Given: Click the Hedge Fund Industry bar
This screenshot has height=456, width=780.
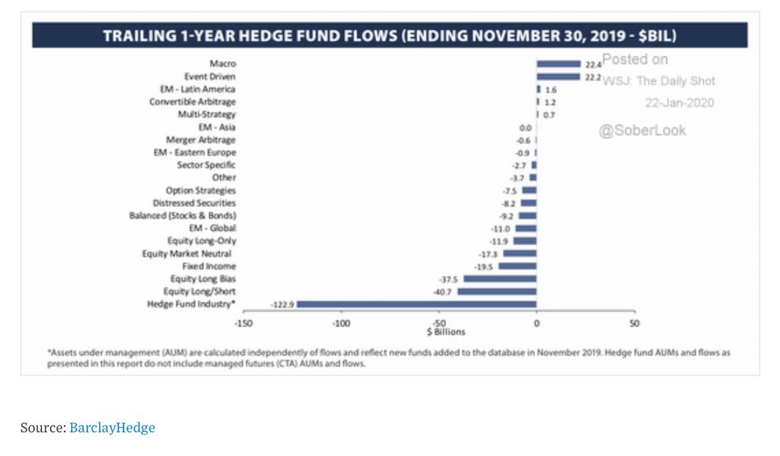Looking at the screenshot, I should pos(417,305).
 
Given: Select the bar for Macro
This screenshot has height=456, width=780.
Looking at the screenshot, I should pos(558,65).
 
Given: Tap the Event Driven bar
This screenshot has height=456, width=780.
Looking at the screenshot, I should pos(558,77).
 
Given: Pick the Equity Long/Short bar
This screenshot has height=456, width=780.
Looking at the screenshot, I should pos(497,292).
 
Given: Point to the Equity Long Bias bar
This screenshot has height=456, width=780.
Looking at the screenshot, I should pos(500,279).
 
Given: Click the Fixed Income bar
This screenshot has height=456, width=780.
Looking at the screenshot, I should pos(517,266).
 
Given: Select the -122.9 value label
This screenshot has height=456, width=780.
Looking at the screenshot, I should pos(282,305).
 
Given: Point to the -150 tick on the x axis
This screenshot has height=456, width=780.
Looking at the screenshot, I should pos(243,323).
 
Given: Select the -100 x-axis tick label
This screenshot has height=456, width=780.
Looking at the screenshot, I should pos(340,323).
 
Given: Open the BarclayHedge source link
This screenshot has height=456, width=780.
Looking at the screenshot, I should pos(112,428).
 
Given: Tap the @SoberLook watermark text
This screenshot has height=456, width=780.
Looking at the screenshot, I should pos(642,131).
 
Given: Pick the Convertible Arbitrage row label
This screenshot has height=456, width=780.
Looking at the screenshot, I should pos(192,102).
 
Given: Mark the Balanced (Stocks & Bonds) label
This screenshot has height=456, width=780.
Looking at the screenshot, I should pos(183,215).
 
